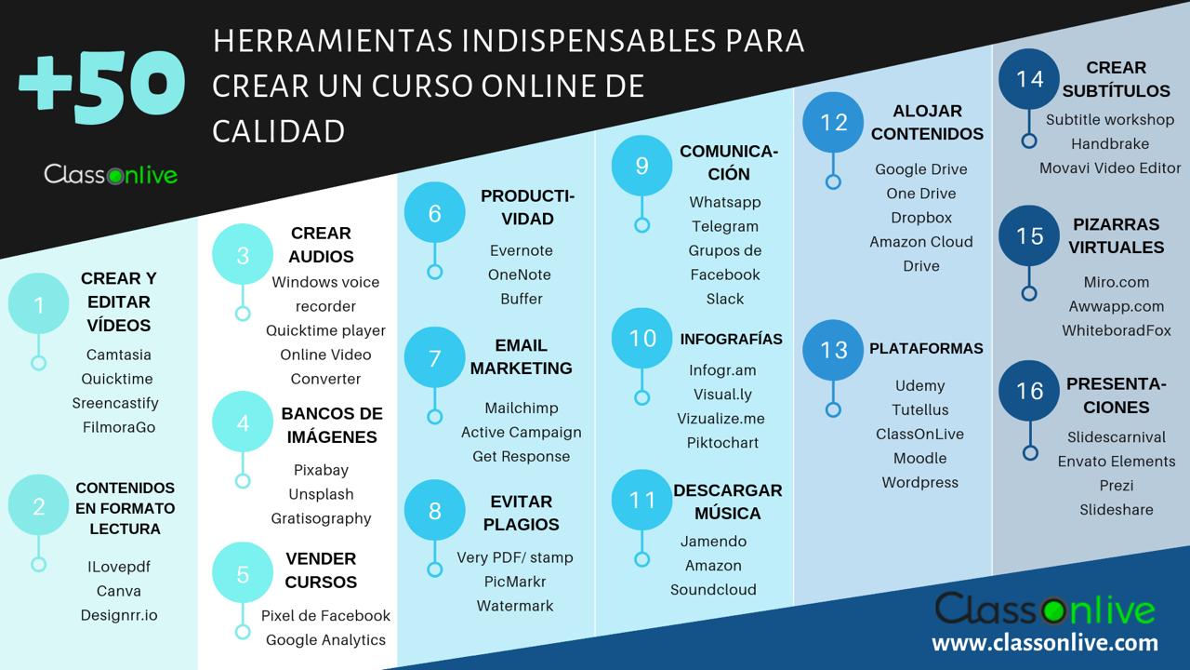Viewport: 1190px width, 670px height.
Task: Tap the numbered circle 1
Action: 39,305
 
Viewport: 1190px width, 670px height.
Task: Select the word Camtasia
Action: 118,355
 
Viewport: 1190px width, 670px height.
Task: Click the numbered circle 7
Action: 434,357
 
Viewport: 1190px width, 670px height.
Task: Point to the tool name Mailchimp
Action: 521,408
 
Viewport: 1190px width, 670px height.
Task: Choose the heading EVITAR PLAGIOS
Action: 521,513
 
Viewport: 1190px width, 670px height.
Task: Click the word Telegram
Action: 724,226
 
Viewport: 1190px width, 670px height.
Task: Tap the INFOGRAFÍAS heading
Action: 731,339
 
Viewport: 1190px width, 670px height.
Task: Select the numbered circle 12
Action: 833,123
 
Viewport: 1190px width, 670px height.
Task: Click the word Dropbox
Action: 920,217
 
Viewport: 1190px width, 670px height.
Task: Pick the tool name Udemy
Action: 919,385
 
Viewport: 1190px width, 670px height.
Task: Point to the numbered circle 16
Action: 1029,391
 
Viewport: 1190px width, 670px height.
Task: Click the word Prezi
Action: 1116,485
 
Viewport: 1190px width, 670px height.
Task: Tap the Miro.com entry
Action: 1116,282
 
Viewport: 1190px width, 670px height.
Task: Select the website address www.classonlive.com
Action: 1045,642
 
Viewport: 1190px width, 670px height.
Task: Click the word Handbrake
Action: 1109,143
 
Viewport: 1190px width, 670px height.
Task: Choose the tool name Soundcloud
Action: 713,589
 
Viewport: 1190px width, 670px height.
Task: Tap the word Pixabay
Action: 321,470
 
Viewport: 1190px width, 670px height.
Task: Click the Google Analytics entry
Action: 325,639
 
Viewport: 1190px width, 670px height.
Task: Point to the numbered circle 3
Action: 243,255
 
